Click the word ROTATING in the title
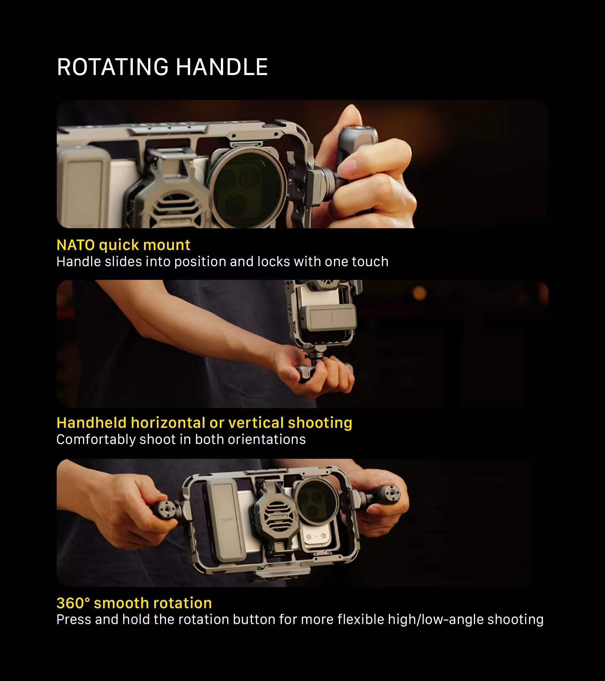112,67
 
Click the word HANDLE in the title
222,67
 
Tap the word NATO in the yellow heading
76,245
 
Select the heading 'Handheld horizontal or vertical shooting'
205,423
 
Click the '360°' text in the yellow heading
73,603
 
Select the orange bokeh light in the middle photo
419,293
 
